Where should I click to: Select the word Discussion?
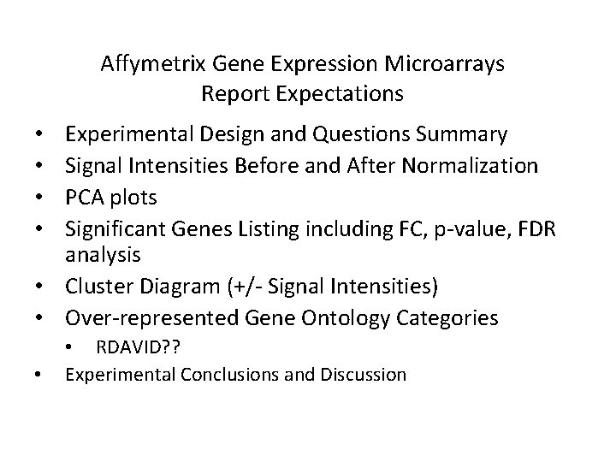coord(364,374)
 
